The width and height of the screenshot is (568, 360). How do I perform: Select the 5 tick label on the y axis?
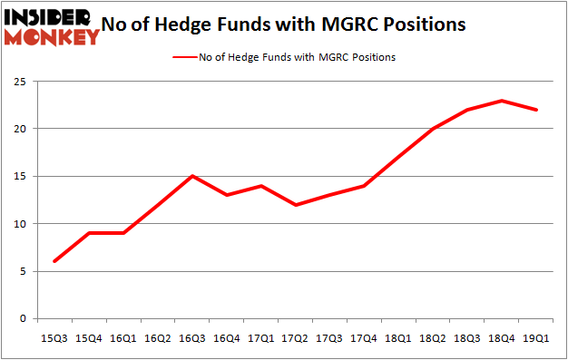point(24,271)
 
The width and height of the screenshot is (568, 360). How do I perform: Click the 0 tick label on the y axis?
point(24,319)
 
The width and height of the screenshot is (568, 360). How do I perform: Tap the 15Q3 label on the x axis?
point(55,338)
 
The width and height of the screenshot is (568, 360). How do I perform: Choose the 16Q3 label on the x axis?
point(192,338)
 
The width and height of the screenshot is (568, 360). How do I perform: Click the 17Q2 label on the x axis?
point(295,338)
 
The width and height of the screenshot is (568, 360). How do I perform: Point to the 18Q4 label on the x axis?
point(501,338)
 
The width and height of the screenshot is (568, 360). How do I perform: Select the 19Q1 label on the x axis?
point(534,338)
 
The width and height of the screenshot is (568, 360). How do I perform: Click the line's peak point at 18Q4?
point(501,101)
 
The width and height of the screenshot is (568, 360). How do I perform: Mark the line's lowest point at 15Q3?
point(55,261)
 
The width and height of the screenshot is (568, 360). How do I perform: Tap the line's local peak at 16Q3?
point(192,176)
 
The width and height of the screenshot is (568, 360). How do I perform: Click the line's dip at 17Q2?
point(295,205)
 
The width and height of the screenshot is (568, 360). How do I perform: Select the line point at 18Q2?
point(432,129)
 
